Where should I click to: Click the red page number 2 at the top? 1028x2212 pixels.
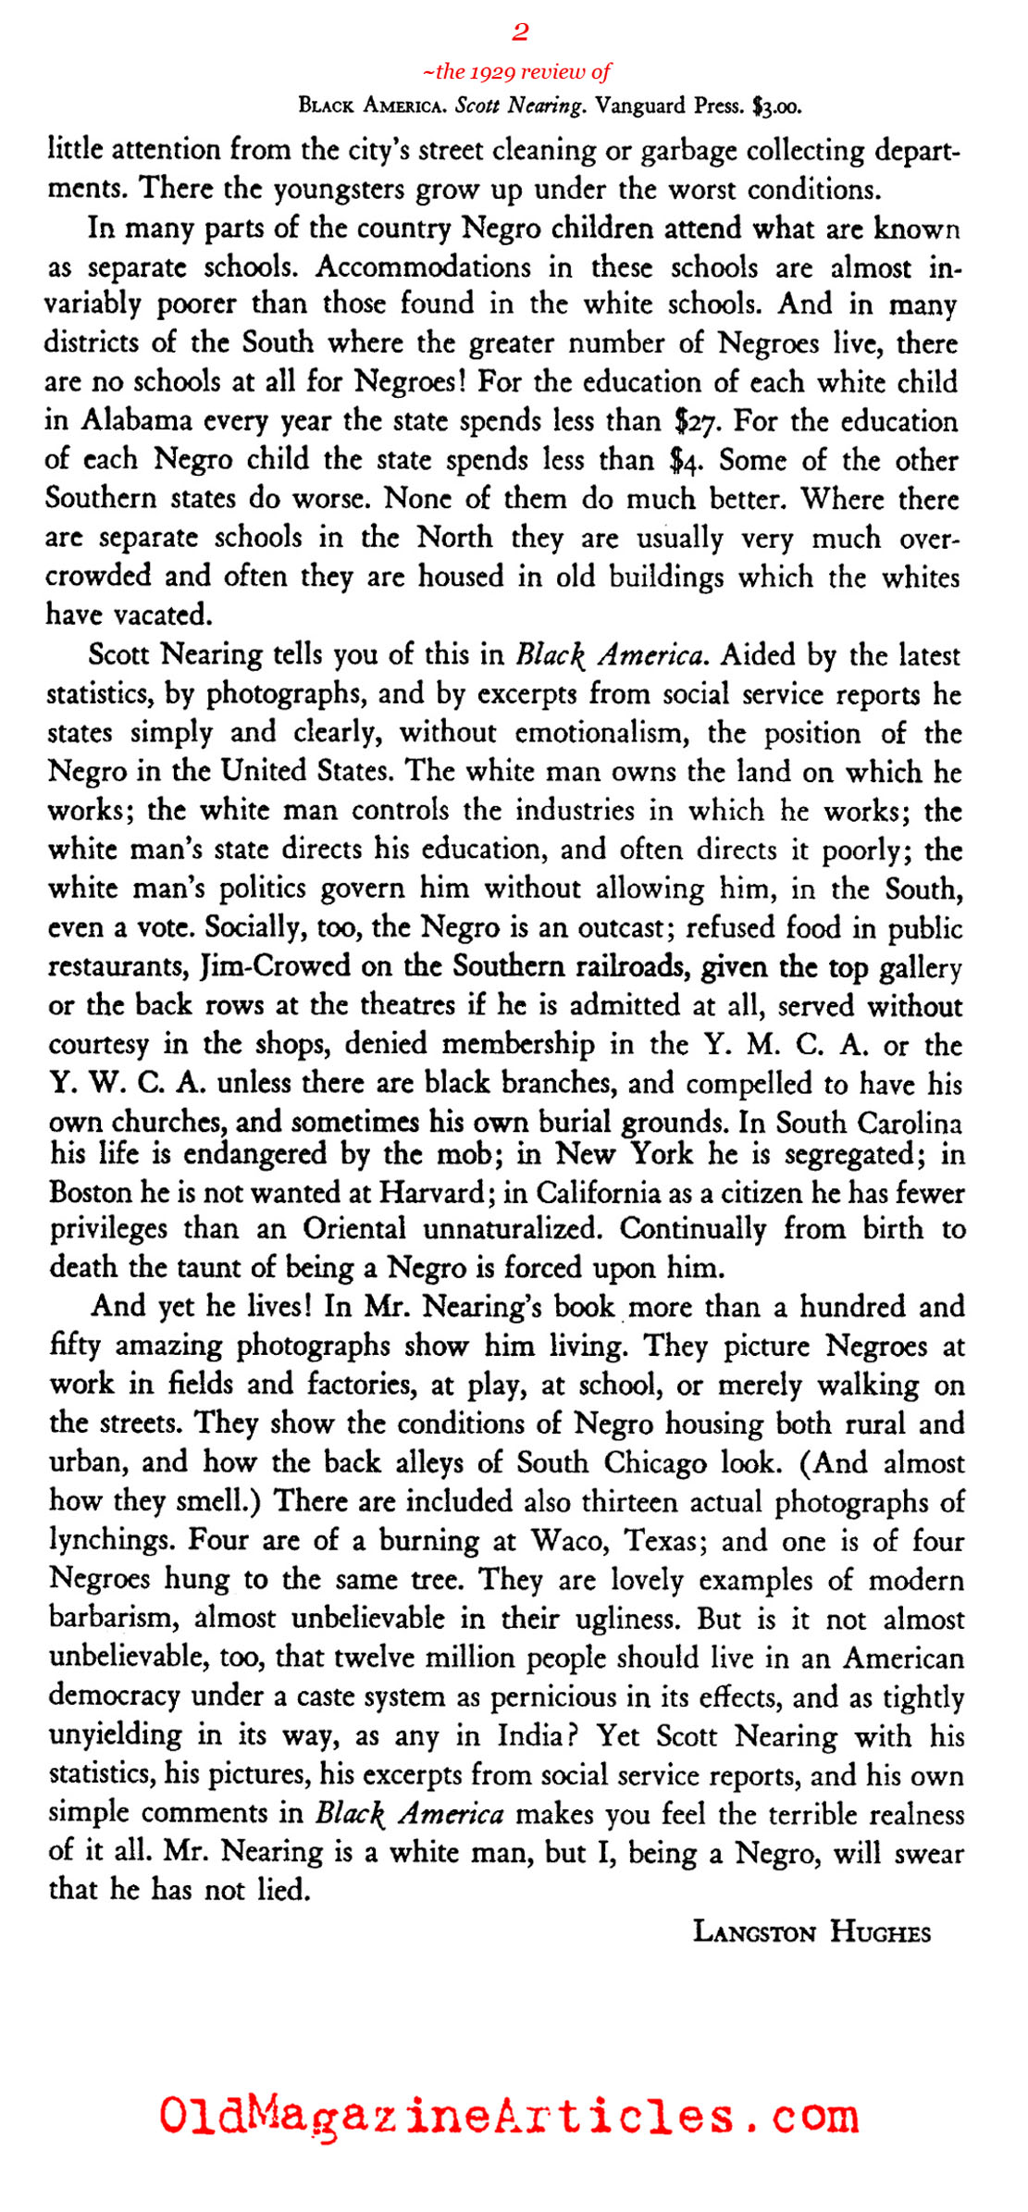(x=520, y=32)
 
